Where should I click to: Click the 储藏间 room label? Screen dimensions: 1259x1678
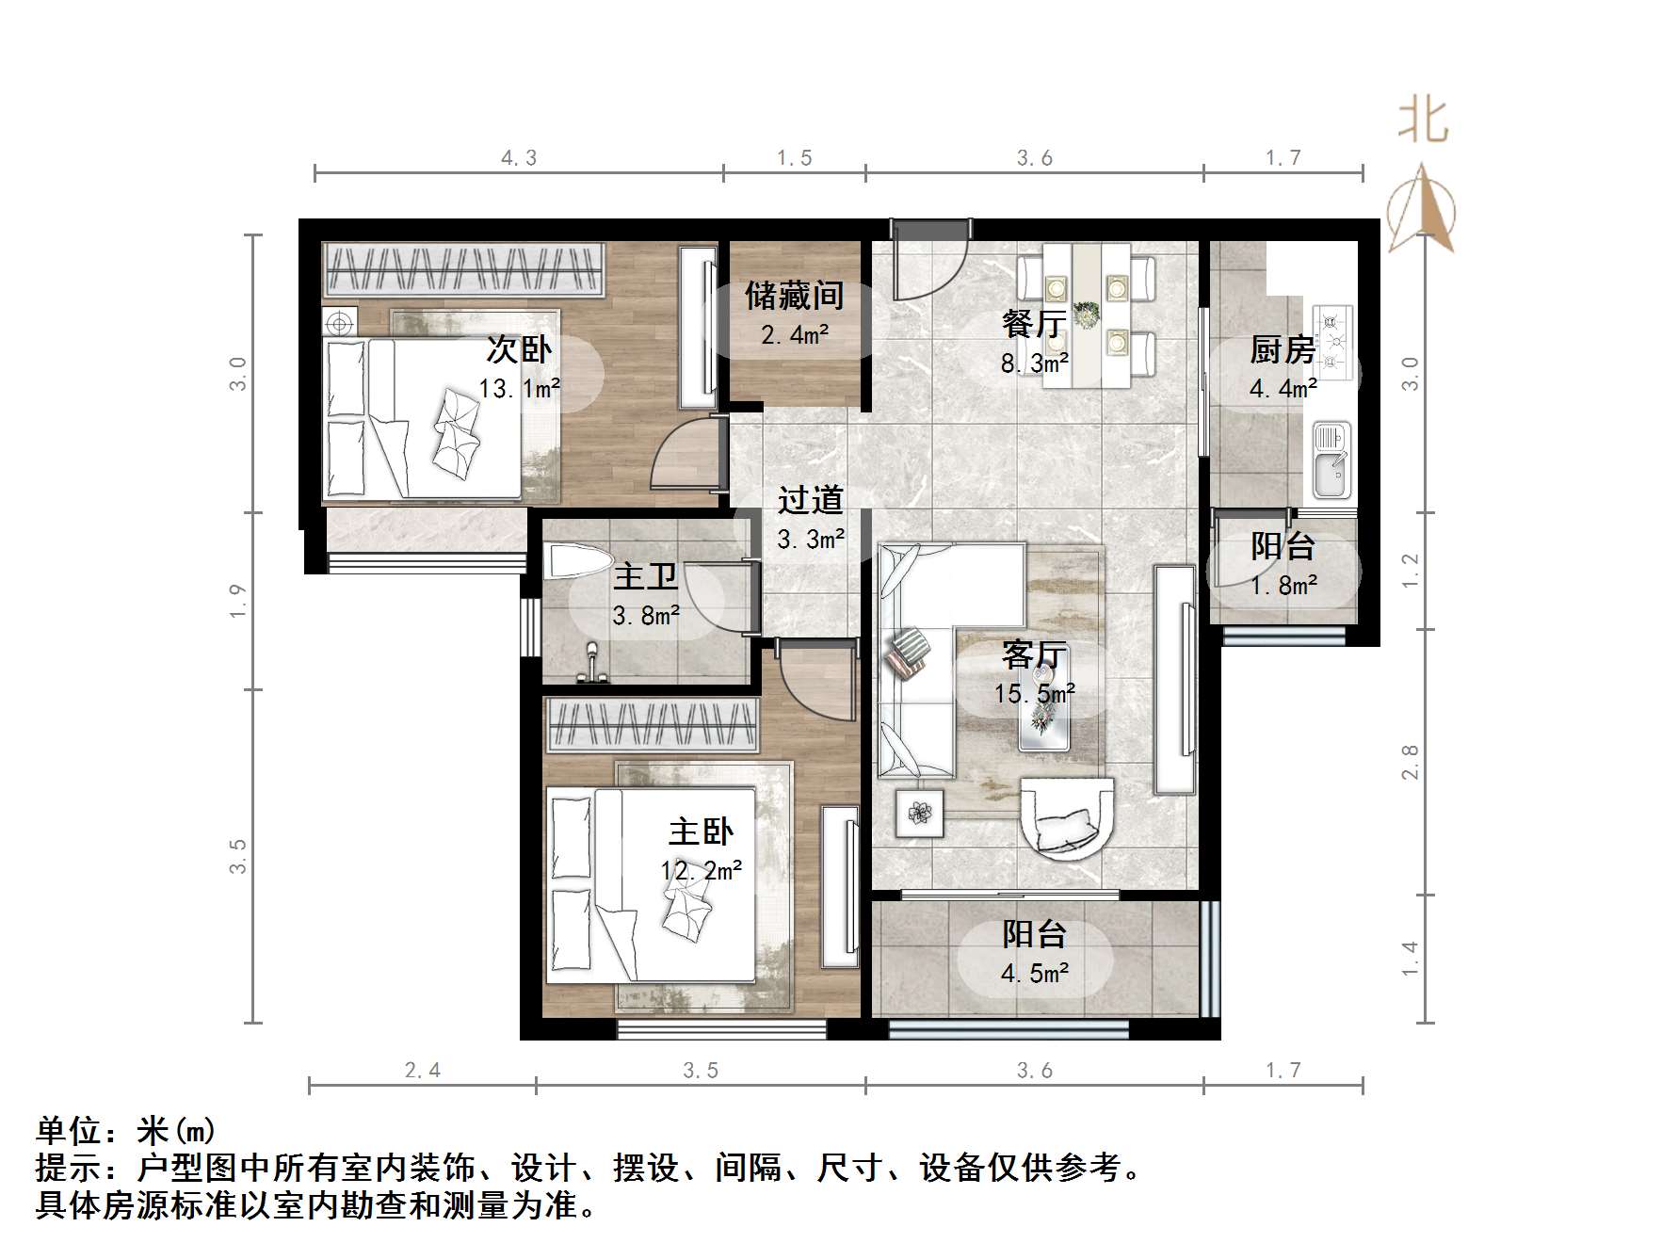click(794, 297)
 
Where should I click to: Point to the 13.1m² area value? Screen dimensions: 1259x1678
click(519, 388)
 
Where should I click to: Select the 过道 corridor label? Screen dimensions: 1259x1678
click(810, 501)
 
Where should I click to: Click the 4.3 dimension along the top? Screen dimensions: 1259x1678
click(518, 158)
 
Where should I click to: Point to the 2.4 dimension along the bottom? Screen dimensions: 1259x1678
click(422, 1070)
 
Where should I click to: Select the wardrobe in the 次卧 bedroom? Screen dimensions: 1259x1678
click(462, 270)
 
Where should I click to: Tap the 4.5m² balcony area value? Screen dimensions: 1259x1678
click(1034, 973)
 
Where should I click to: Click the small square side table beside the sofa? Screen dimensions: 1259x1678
click(919, 811)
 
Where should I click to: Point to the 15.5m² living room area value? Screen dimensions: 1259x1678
click(1034, 694)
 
